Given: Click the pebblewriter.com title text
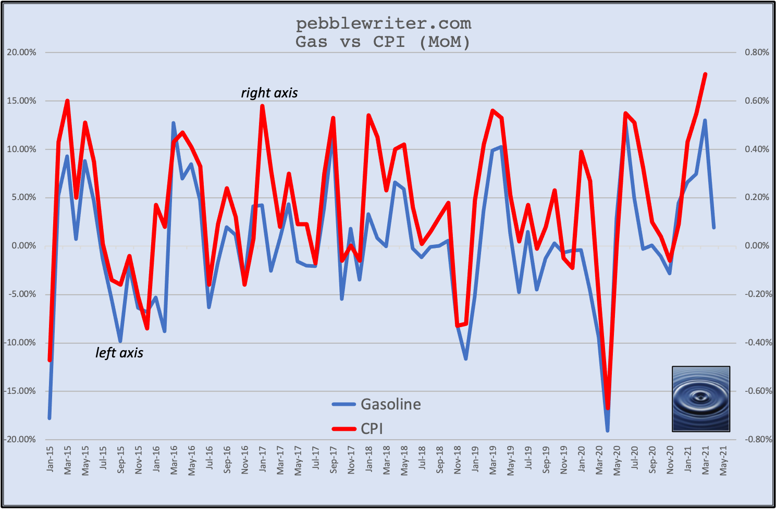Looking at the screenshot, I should pyautogui.click(x=384, y=23).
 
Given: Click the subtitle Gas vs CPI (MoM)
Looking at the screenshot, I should pyautogui.click(x=384, y=42).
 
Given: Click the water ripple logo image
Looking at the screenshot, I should pyautogui.click(x=701, y=399).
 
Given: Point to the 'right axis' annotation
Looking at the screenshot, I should pyautogui.click(x=269, y=93).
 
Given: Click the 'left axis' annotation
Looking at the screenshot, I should pyautogui.click(x=119, y=353).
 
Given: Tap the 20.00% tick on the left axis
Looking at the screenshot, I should pyautogui.click(x=21, y=53).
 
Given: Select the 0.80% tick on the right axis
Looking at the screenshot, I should pyautogui.click(x=757, y=53).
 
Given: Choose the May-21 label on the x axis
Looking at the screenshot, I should pyautogui.click(x=723, y=460).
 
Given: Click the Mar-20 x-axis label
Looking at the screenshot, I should pyautogui.click(x=599, y=460).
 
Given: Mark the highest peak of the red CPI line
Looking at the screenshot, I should pyautogui.click(x=705, y=74).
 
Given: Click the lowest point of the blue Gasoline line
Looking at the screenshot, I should pyautogui.click(x=608, y=430).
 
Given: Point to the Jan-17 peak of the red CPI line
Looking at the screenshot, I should pyautogui.click(x=262, y=106).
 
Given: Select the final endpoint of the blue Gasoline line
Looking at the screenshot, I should pyautogui.click(x=714, y=227).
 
